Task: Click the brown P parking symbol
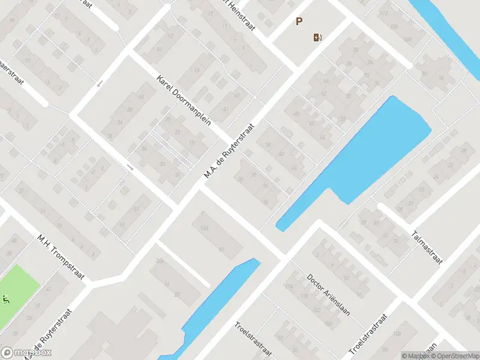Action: coord(299,22)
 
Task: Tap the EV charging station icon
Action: coord(317,38)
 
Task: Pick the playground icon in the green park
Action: coord(7,298)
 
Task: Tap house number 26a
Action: coord(160,260)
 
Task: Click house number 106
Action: coord(395,26)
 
